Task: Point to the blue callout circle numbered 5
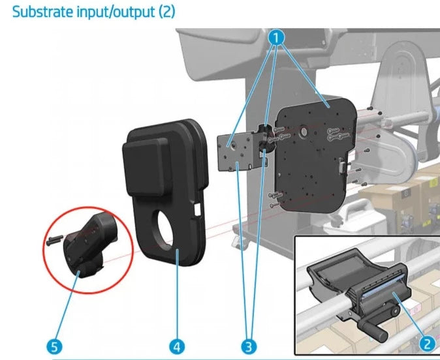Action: coord(54,342)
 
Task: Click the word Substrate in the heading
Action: coord(40,12)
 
